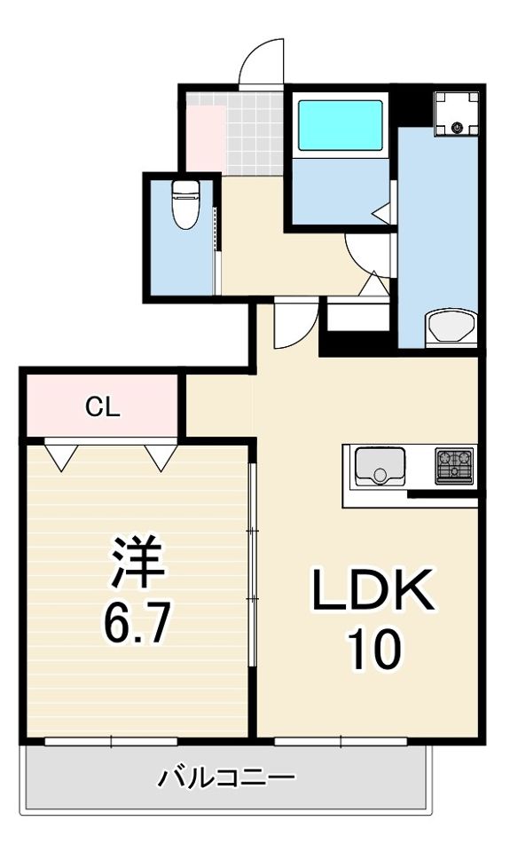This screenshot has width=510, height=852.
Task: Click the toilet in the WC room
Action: click(x=185, y=205)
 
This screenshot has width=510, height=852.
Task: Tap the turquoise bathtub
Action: click(x=340, y=125)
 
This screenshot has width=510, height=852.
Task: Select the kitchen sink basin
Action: click(x=380, y=466)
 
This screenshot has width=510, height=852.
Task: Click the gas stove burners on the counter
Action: click(x=454, y=466)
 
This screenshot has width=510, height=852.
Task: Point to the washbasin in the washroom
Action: click(x=451, y=328)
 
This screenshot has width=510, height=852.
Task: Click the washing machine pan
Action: click(x=456, y=114)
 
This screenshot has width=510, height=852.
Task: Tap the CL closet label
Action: click(x=102, y=407)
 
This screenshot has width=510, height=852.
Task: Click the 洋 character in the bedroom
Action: click(x=137, y=562)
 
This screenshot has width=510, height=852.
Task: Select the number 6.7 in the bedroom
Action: click(x=137, y=623)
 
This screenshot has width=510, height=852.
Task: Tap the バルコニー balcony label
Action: click(x=226, y=778)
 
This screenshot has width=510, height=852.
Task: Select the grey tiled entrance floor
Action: click(x=255, y=134)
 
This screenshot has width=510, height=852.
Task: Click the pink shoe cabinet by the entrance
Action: click(x=206, y=138)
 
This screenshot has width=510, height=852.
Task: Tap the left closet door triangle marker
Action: click(x=61, y=457)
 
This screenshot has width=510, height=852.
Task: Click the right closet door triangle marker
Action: click(x=161, y=457)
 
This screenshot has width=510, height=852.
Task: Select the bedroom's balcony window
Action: click(x=111, y=741)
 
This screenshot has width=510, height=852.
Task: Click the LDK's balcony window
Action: click(x=341, y=741)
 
